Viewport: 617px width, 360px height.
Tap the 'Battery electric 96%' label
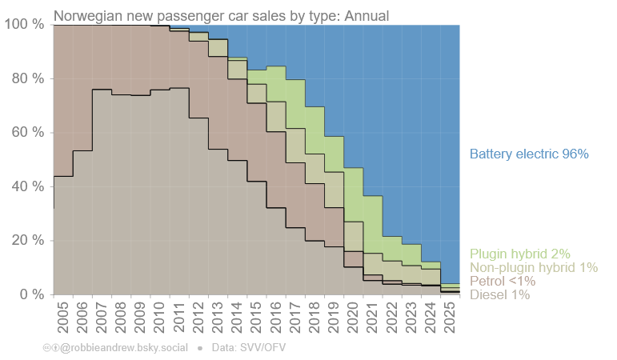click(529, 154)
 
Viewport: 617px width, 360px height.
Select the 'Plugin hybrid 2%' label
click(519, 254)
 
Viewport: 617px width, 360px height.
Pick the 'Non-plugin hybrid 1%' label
click(534, 268)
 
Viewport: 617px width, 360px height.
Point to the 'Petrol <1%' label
click(503, 282)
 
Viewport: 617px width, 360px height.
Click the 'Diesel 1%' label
click(499, 295)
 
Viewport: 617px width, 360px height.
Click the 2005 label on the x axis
click(62, 318)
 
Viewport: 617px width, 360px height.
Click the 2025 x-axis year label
click(450, 318)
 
